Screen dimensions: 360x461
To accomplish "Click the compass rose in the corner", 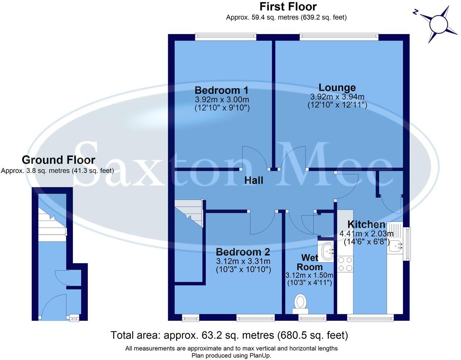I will (x=439, y=25).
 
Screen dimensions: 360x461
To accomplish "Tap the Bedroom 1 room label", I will (x=221, y=90).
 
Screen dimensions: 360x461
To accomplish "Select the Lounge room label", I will (x=337, y=88).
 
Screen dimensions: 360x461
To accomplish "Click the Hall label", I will (x=253, y=180).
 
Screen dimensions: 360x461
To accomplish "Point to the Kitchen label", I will (x=366, y=224).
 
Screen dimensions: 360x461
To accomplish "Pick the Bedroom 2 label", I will (x=243, y=252).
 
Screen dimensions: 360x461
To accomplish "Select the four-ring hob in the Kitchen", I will (x=345, y=264).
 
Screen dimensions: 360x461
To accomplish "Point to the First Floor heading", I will (x=288, y=7).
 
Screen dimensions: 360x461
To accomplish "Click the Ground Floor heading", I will (x=58, y=160).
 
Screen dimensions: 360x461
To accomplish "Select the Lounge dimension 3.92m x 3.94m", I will (x=337, y=97).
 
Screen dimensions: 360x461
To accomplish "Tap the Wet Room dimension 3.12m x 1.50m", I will (x=309, y=276).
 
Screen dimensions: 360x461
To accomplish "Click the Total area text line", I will (x=229, y=335).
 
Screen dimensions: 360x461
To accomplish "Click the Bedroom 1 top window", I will (x=225, y=37).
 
